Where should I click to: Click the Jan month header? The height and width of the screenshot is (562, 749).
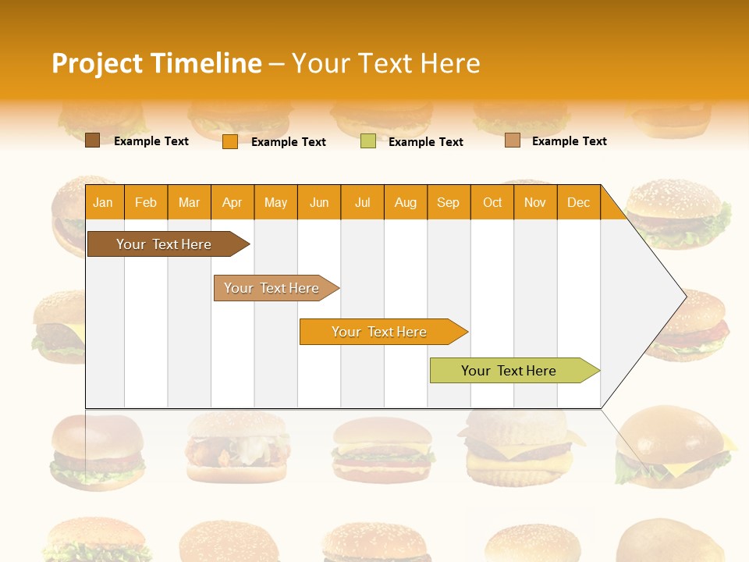[103, 203]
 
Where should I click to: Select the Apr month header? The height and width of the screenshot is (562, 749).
[232, 203]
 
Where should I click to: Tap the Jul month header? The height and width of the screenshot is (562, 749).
[362, 203]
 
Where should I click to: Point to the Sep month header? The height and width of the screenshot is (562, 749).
[448, 203]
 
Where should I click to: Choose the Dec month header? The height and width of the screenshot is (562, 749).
[578, 203]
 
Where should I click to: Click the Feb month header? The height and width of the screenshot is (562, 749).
[146, 203]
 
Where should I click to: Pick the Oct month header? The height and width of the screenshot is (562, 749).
[492, 203]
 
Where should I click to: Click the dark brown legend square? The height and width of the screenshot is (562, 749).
[92, 140]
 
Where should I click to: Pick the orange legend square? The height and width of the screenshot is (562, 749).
[230, 141]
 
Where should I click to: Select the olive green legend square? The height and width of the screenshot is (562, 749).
[368, 141]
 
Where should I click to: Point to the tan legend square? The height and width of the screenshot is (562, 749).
[513, 140]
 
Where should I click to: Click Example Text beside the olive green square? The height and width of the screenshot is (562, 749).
[425, 142]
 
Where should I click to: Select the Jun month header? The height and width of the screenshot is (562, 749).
[319, 203]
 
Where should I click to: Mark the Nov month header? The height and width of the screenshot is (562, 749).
[535, 203]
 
